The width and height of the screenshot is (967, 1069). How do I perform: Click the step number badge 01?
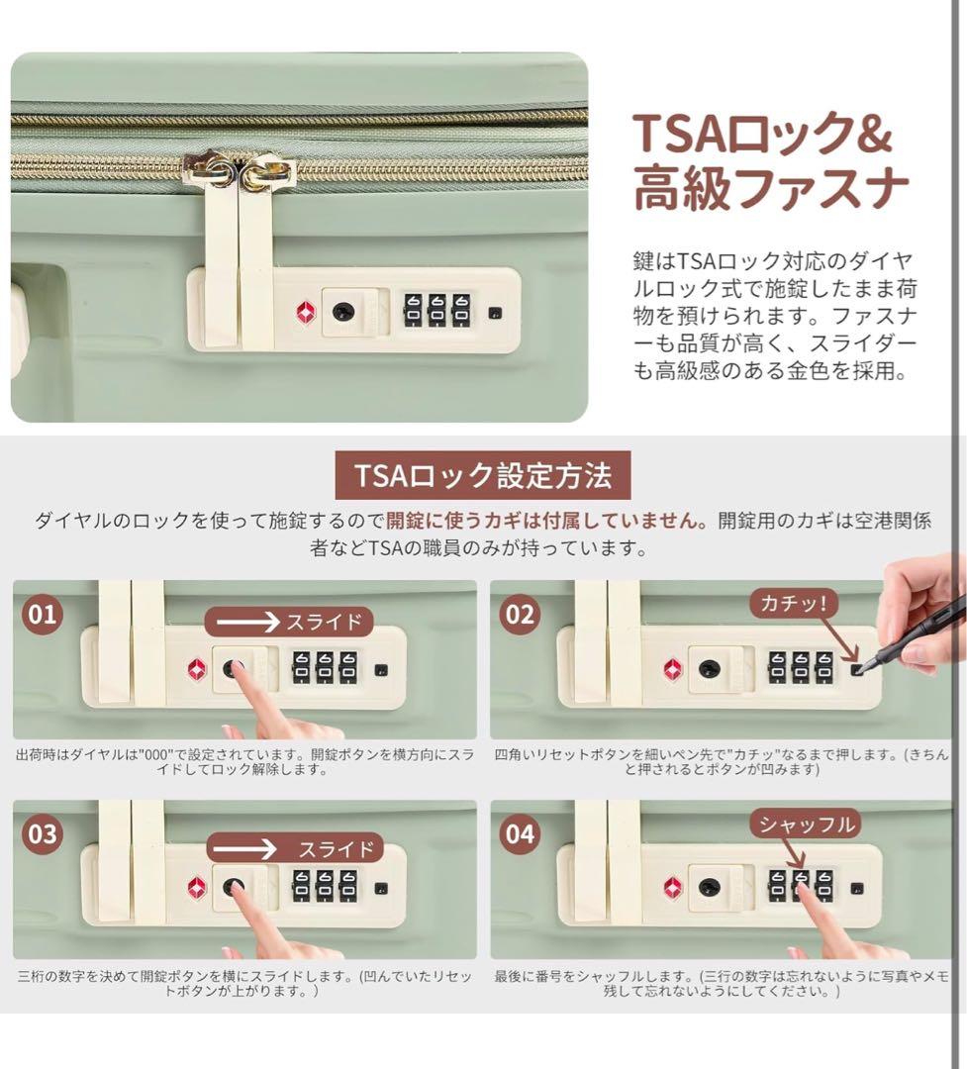tap(42, 615)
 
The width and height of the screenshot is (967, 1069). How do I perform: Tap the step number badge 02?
tap(519, 615)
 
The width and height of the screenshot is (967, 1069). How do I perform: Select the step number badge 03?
tap(42, 833)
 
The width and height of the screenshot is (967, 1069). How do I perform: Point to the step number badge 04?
tap(519, 833)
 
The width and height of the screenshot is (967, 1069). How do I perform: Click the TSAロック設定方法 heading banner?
tap(483, 477)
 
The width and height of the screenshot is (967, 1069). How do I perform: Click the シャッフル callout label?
tap(805, 823)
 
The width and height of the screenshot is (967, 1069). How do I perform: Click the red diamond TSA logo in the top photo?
tap(304, 312)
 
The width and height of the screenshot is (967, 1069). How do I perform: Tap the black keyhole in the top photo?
tap(342, 311)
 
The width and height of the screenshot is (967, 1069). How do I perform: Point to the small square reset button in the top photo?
tap(495, 313)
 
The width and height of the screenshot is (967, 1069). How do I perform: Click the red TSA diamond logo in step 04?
tap(673, 887)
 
